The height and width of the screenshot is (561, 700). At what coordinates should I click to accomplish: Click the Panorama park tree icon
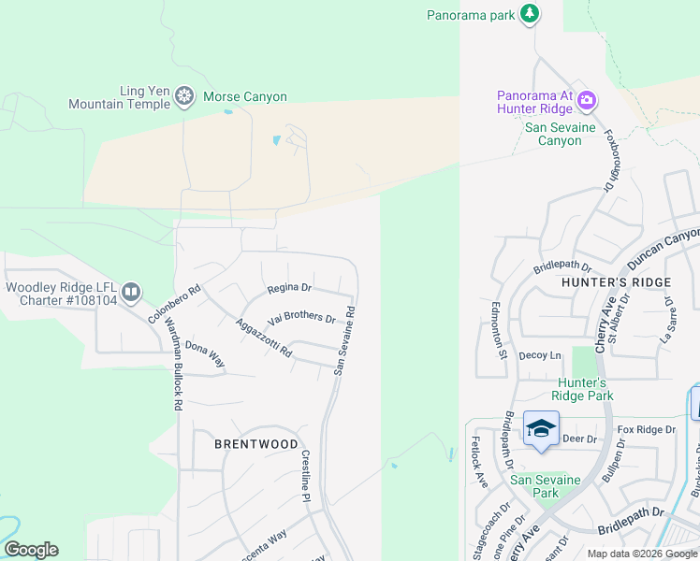[x=531, y=13]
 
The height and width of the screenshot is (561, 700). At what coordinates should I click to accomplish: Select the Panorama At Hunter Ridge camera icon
[x=587, y=99]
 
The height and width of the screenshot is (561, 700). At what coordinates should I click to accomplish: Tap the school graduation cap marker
[x=541, y=428]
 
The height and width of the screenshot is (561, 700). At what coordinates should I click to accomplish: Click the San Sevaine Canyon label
[x=552, y=135]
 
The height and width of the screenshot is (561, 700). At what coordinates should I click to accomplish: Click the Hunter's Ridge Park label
[x=583, y=389]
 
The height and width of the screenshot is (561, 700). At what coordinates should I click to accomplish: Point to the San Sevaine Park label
[x=547, y=486]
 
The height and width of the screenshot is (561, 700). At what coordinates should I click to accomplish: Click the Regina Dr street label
[x=288, y=288]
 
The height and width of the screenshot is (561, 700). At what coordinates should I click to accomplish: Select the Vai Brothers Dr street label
[x=301, y=318]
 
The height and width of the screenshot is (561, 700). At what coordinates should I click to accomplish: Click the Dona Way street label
[x=205, y=354]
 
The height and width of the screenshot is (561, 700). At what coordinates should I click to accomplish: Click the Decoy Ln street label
[x=540, y=355]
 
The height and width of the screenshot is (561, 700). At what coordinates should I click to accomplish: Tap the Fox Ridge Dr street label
[x=646, y=429]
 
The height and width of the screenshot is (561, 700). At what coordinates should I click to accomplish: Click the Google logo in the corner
[x=31, y=550]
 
